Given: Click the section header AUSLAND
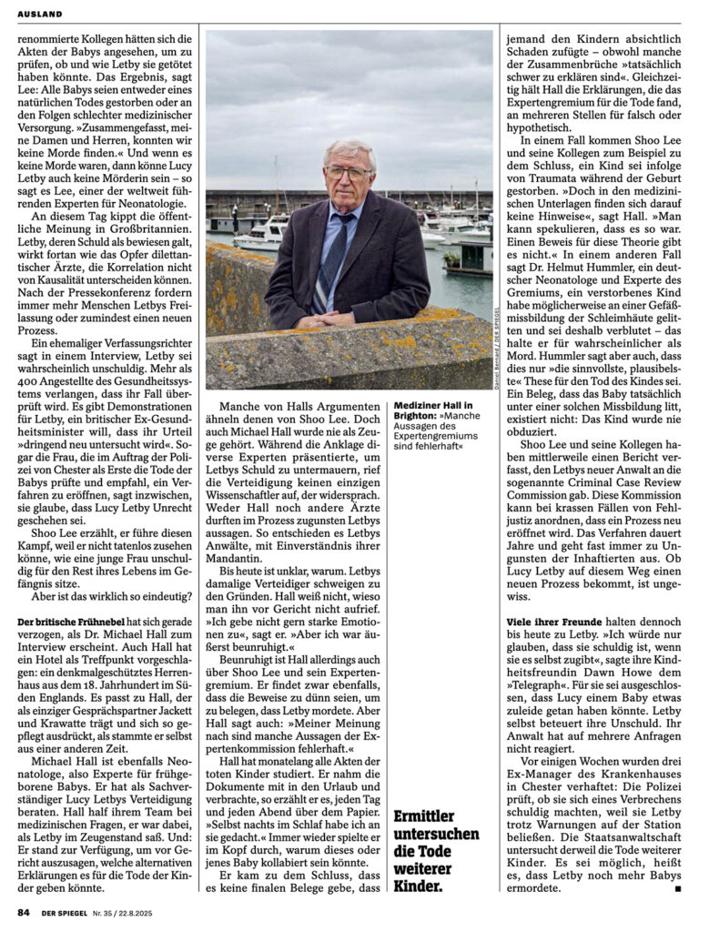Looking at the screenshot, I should tap(37, 15).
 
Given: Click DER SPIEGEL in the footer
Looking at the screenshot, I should tap(63, 912).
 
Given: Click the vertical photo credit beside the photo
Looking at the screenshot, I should tap(500, 339).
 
